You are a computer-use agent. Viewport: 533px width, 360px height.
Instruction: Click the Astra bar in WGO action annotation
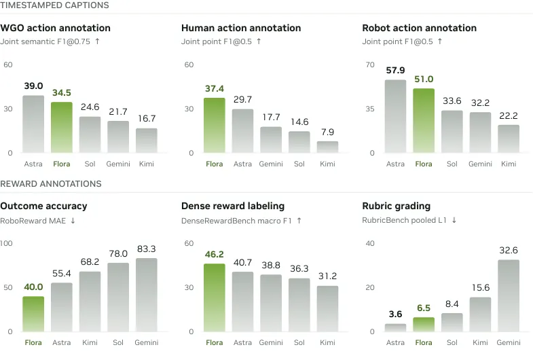pyautogui.click(x=33, y=124)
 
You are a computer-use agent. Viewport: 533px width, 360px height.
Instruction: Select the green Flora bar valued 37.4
pyautogui.click(x=215, y=125)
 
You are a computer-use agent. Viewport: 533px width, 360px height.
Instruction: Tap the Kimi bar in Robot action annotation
pyautogui.click(x=509, y=139)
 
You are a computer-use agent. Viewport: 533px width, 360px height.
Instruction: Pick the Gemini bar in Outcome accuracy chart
pyautogui.click(x=147, y=295)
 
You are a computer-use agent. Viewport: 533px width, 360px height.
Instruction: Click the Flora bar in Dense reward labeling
pyautogui.click(x=215, y=298)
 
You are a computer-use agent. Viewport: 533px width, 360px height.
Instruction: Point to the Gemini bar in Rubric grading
pyautogui.click(x=509, y=295)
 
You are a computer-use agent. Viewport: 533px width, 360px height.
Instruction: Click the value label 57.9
pyautogui.click(x=395, y=71)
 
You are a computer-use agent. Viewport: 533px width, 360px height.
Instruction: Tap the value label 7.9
pyautogui.click(x=328, y=132)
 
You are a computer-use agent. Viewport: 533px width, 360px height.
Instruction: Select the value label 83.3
pyautogui.click(x=147, y=249)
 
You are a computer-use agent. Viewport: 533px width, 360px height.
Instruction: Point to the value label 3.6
pyautogui.click(x=395, y=314)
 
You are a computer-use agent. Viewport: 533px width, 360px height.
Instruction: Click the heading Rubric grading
pyautogui.click(x=397, y=206)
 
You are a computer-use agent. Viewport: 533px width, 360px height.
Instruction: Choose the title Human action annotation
pyautogui.click(x=241, y=28)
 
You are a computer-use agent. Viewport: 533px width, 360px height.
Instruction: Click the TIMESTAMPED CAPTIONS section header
pyautogui.click(x=54, y=5)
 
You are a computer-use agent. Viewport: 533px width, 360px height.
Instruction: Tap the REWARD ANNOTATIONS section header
pyautogui.click(x=51, y=184)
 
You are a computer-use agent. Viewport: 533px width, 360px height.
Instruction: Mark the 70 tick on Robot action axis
pyautogui.click(x=370, y=65)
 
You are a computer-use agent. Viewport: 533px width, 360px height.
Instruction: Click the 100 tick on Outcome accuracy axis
pyautogui.click(x=6, y=243)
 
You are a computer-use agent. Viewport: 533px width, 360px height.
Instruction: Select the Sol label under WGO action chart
pyautogui.click(x=90, y=164)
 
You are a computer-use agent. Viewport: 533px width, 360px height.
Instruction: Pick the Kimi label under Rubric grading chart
pyautogui.click(x=480, y=342)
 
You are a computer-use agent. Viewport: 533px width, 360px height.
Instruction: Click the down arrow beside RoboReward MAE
pyautogui.click(x=73, y=221)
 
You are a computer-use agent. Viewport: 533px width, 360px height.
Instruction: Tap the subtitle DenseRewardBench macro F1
pyautogui.click(x=236, y=221)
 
